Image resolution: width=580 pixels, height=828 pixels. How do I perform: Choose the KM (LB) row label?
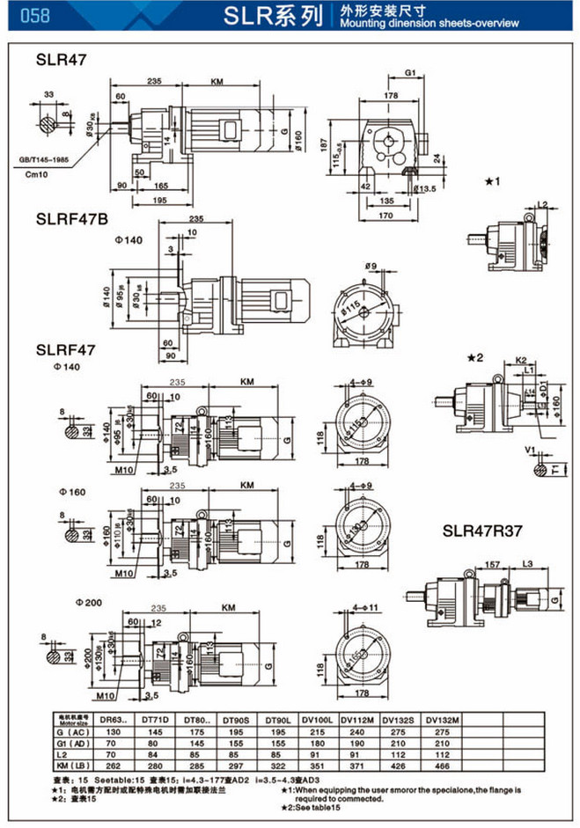pyautogui.click(x=73, y=766)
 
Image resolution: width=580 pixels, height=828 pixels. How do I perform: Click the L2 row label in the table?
pyautogui.click(x=73, y=754)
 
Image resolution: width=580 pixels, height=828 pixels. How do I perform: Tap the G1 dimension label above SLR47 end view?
pyautogui.click(x=411, y=73)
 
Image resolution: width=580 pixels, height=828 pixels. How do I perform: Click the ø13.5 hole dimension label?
pyautogui.click(x=426, y=188)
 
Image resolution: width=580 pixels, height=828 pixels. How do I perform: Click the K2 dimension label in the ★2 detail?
pyautogui.click(x=520, y=361)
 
